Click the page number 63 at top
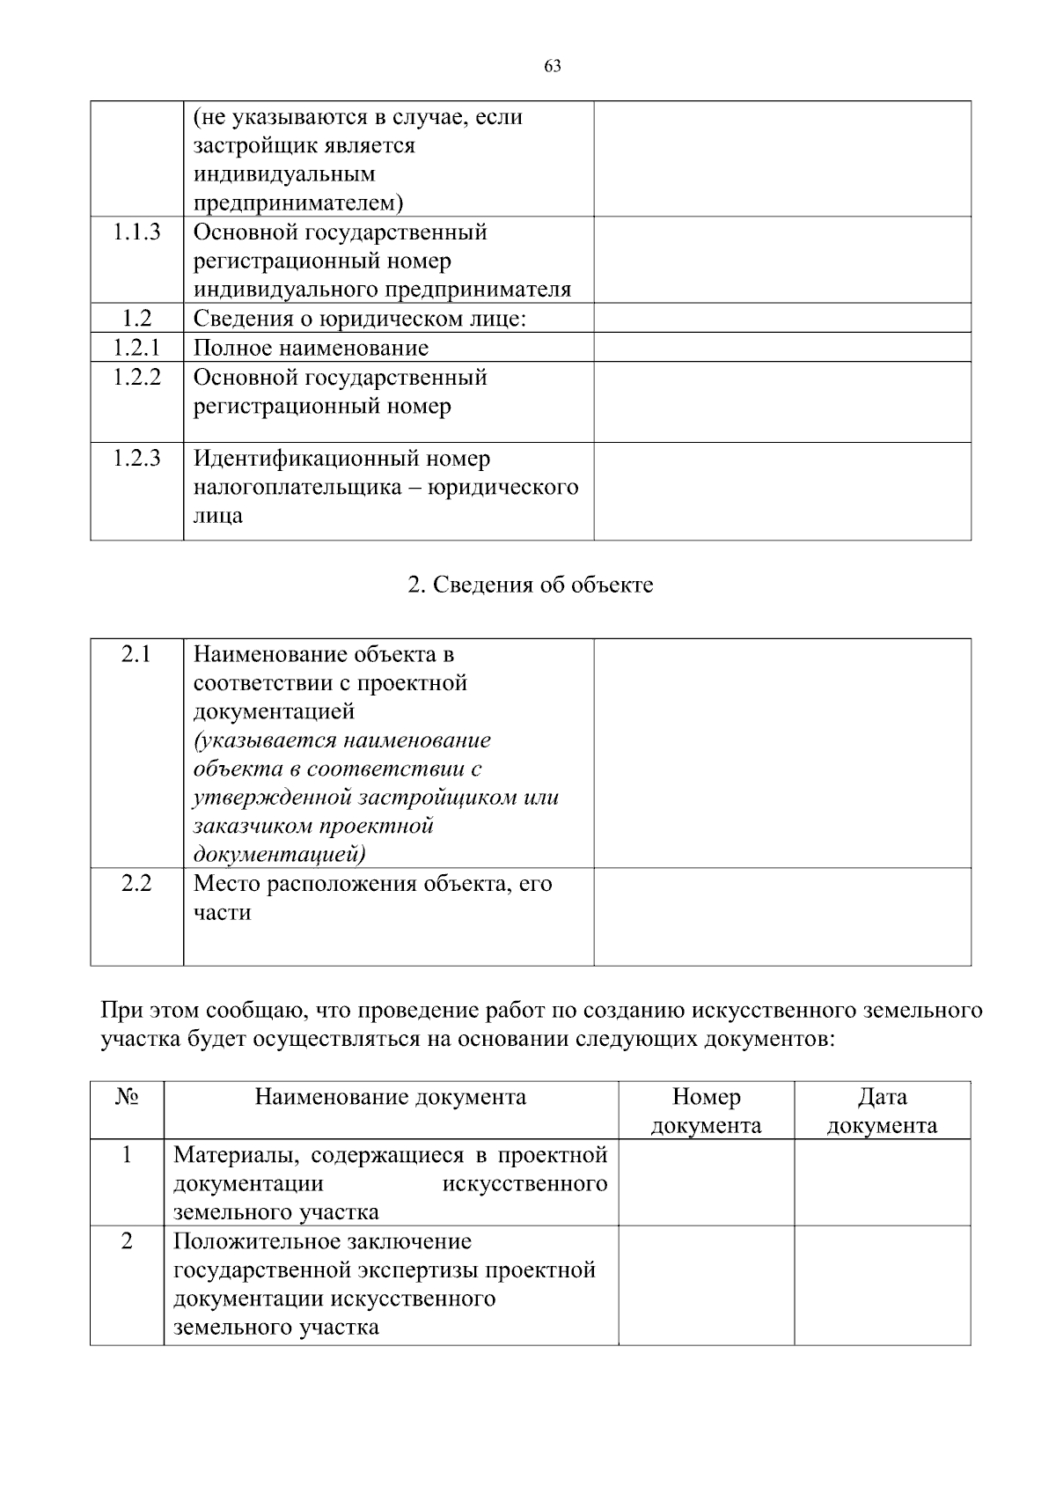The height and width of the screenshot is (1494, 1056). [553, 67]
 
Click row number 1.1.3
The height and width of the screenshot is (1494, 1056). [136, 232]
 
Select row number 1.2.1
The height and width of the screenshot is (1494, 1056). [136, 348]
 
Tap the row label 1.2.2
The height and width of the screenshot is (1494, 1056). [136, 378]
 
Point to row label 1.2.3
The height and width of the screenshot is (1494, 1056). [136, 459]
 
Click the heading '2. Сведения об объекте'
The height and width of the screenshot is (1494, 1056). [531, 585]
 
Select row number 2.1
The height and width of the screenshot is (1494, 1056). [136, 655]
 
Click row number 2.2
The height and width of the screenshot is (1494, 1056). [136, 883]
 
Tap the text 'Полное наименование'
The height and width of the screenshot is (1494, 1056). [311, 348]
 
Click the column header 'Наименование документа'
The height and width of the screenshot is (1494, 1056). [391, 1097]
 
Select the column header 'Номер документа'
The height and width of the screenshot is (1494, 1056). [706, 1111]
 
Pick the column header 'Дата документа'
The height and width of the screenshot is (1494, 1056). [882, 1111]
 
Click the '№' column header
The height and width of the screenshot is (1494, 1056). [127, 1097]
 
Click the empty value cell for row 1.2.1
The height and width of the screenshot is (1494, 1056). [782, 347]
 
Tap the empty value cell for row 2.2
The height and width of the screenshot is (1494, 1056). [782, 916]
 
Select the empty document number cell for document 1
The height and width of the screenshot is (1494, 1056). [706, 1182]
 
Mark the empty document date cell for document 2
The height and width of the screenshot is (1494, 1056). [882, 1284]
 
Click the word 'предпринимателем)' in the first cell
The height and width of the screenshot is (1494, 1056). [298, 203]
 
